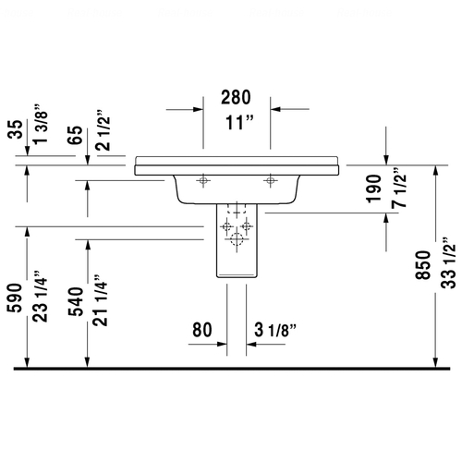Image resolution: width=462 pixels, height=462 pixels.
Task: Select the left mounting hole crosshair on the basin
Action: pos(204,179)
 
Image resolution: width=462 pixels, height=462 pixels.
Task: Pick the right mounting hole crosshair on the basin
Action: pos(270,179)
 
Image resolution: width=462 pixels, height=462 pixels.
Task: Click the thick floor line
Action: pos(231,369)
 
